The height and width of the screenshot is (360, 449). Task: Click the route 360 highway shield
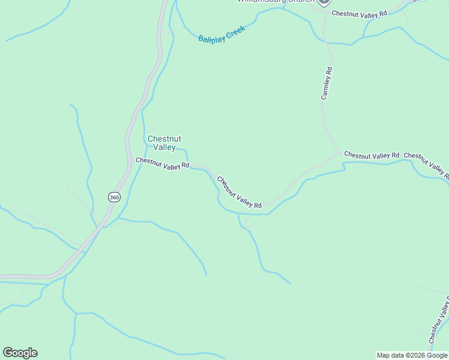pos(114,197)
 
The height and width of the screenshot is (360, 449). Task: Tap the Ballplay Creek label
pos(222,34)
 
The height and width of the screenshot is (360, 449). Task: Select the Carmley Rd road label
pos(327,83)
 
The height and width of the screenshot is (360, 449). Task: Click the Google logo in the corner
pos(20,353)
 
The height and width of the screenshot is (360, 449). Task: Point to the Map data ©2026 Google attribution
pos(412,355)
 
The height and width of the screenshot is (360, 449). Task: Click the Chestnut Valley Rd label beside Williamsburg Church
pos(360,13)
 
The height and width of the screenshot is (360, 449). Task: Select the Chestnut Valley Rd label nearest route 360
pos(162,163)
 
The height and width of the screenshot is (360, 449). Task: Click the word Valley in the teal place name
pos(164,148)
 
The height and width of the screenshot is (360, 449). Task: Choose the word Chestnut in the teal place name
pos(164,139)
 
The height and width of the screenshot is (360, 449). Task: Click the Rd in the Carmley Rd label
pos(329,71)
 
